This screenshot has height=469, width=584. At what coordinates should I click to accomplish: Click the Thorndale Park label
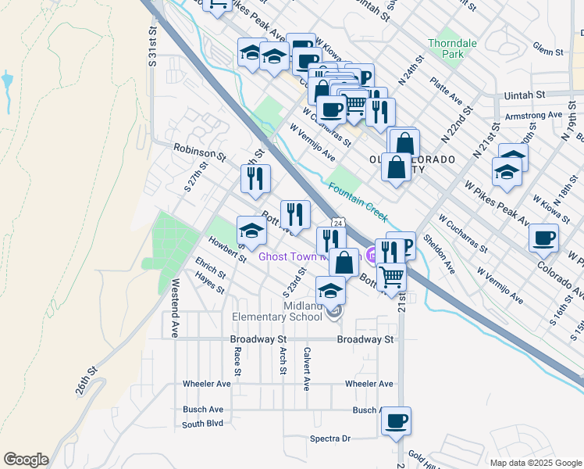(x=445, y=48)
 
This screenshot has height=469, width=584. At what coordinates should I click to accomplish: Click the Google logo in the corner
(x=26, y=460)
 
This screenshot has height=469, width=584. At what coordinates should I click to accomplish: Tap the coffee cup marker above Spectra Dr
(x=397, y=421)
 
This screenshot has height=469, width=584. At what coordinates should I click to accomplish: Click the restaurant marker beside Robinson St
(x=255, y=179)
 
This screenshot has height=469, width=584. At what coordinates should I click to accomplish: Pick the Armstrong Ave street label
(x=534, y=115)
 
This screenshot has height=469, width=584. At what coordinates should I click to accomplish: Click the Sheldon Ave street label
(x=439, y=254)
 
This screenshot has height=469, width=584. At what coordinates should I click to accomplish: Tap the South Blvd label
(x=202, y=424)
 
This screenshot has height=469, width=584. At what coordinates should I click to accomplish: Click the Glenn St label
(x=548, y=52)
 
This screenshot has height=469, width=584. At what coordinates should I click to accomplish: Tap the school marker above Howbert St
(x=251, y=231)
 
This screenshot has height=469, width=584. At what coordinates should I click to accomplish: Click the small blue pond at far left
(x=7, y=80)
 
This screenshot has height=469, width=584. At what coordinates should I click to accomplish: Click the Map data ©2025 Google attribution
(x=536, y=463)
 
